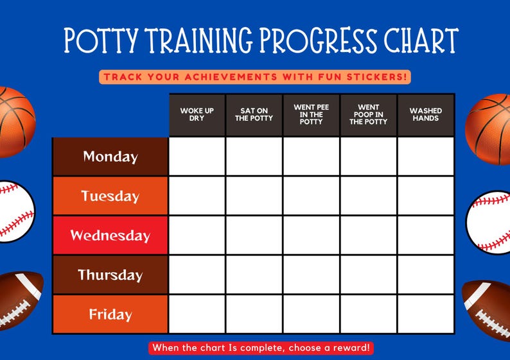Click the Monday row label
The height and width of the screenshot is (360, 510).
click(x=110, y=157)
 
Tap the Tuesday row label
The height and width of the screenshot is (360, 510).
click(x=110, y=196)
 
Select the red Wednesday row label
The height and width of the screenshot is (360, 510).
click(x=110, y=236)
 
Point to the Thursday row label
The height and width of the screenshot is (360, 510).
click(x=110, y=275)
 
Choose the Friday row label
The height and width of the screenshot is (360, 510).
click(x=110, y=314)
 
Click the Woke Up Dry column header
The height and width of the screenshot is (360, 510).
click(x=197, y=115)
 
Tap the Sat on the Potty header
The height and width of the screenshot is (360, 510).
click(x=254, y=115)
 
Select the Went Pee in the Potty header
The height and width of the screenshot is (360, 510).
click(x=311, y=115)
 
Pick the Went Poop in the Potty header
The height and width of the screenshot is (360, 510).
click(x=368, y=115)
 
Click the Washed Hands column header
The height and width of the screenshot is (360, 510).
click(x=425, y=115)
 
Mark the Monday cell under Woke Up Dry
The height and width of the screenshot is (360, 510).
click(x=197, y=157)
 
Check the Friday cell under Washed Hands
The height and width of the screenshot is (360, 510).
click(x=425, y=314)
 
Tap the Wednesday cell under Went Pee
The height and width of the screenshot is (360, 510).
click(x=311, y=236)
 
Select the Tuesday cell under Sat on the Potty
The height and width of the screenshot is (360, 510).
click(x=254, y=196)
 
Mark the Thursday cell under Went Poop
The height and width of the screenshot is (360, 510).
click(x=368, y=275)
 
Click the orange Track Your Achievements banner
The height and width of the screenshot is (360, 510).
click(x=255, y=77)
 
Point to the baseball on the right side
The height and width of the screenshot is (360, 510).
click(x=489, y=221)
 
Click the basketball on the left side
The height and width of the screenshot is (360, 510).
click(x=14, y=122)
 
